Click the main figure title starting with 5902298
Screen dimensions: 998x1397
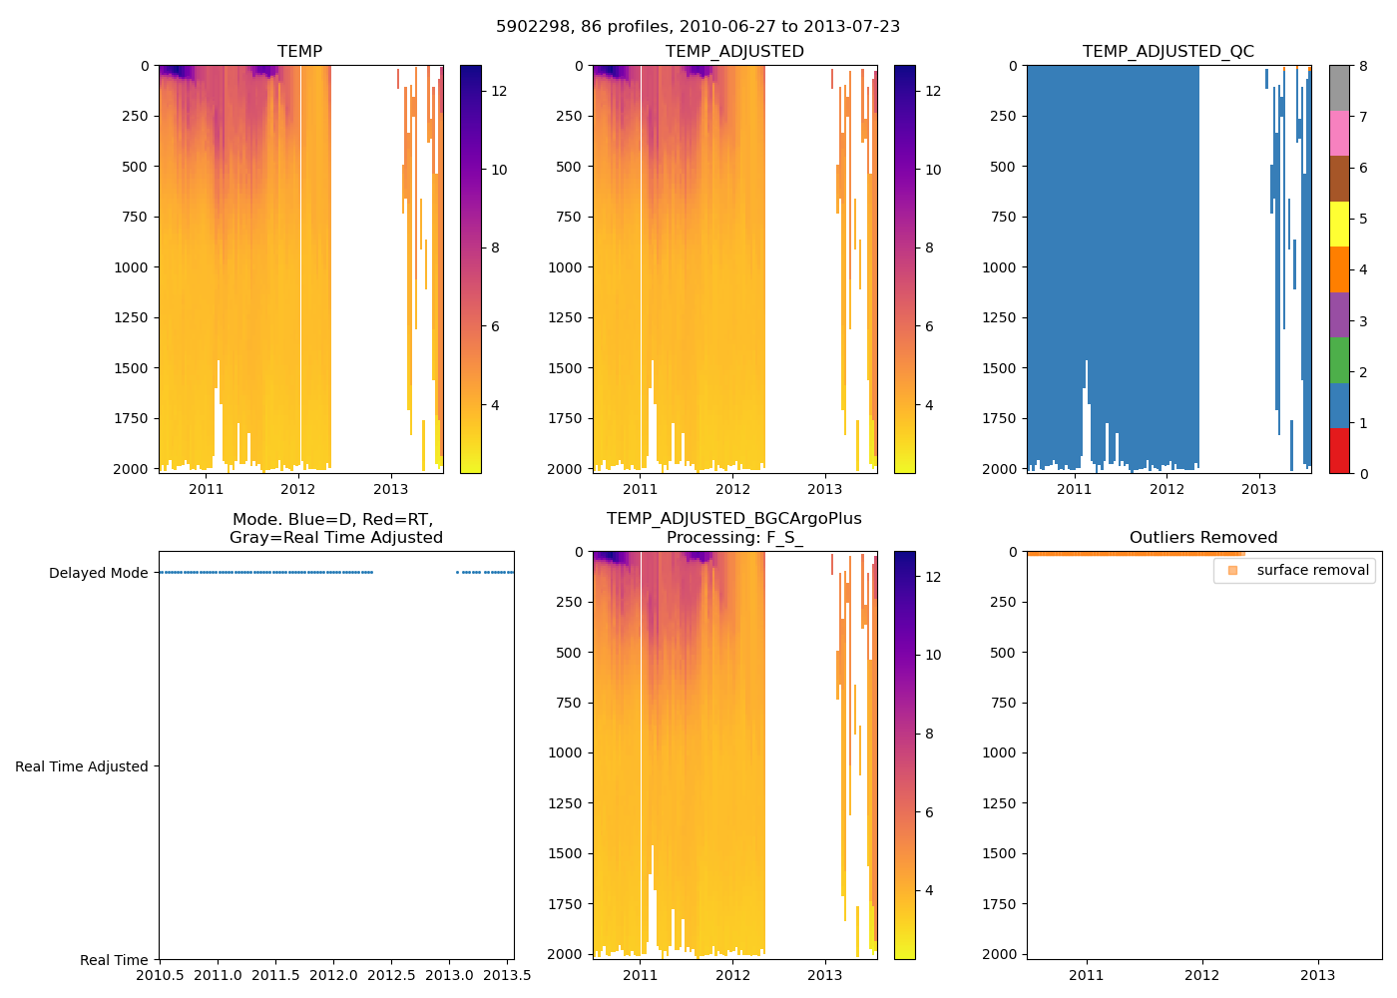tap(698, 26)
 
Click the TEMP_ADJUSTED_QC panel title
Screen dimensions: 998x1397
tap(1167, 51)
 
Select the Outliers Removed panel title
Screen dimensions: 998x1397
tap(1202, 537)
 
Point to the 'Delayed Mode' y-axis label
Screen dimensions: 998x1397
tap(98, 573)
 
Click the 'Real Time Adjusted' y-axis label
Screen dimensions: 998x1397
tap(82, 766)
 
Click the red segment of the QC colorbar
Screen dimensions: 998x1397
tap(1338, 450)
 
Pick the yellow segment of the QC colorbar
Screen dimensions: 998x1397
tap(1338, 224)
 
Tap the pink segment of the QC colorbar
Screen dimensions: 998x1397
tap(1338, 133)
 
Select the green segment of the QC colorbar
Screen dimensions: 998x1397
tap(1338, 359)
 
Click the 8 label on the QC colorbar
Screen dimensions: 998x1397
tap(1363, 66)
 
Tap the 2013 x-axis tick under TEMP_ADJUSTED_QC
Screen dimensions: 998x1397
tap(1258, 489)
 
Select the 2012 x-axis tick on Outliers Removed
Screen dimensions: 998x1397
tap(1201, 975)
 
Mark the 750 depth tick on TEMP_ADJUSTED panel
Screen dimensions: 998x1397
tap(568, 217)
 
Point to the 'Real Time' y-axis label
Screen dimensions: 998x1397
tap(114, 960)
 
